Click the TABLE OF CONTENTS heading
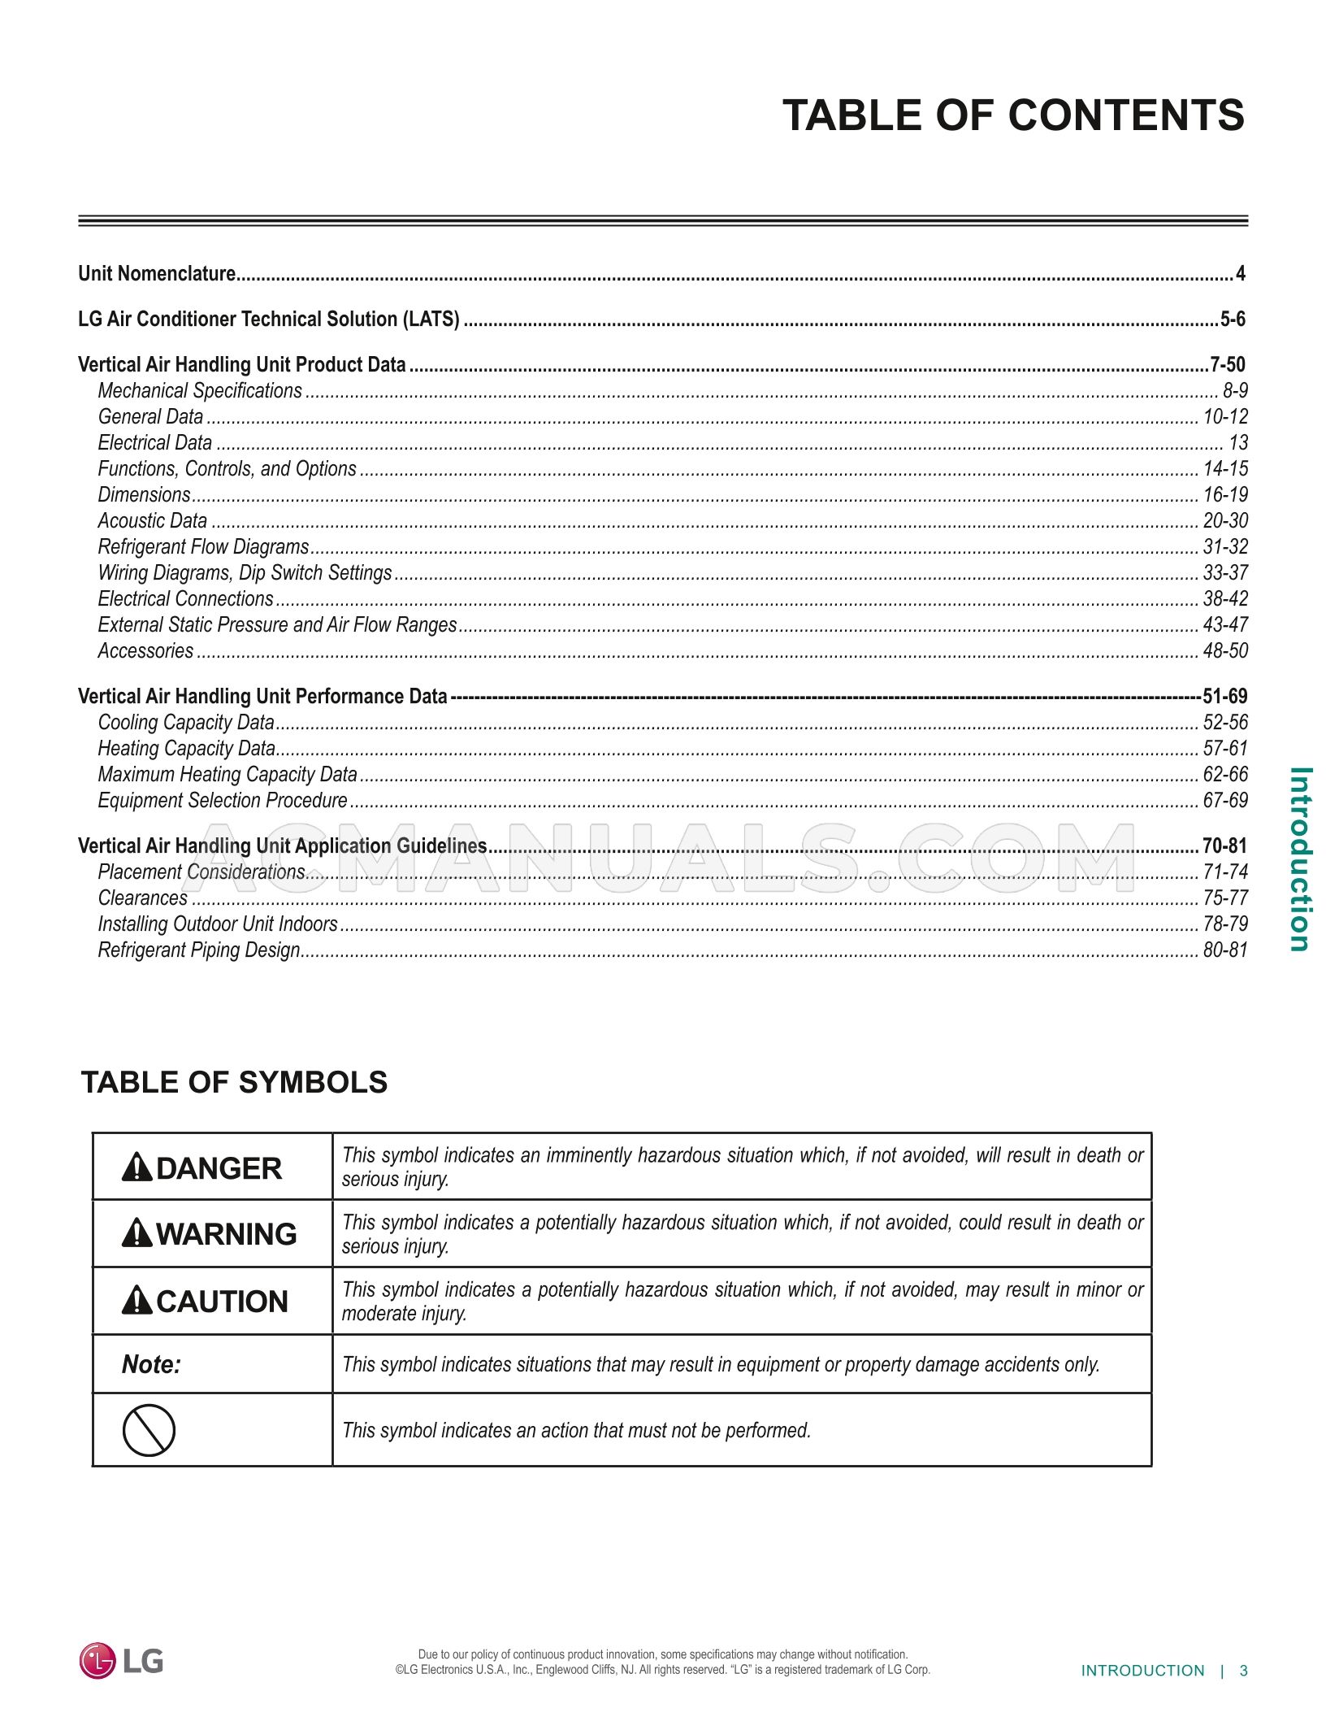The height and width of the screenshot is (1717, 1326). [1012, 115]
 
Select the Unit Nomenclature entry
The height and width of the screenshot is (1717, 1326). [157, 274]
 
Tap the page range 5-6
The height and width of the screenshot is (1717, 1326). [1232, 319]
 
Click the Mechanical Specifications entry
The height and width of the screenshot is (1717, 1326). [200, 391]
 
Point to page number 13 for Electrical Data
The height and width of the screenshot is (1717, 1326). [1237, 443]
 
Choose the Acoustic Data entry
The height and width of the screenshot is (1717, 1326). [152, 521]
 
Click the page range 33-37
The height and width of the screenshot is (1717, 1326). [1224, 573]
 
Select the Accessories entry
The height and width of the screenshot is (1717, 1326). [145, 651]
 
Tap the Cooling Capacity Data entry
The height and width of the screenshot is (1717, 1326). [186, 723]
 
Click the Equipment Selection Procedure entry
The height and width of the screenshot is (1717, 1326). [222, 801]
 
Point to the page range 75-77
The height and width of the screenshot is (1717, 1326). [1224, 898]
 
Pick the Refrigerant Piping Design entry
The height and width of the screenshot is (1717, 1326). [199, 950]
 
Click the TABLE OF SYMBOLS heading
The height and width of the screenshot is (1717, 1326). [234, 1083]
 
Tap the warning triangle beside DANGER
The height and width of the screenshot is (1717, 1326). [136, 1168]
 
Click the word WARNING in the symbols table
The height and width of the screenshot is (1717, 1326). [226, 1234]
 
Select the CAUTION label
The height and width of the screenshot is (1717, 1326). [221, 1302]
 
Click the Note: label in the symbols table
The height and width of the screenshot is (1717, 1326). [151, 1364]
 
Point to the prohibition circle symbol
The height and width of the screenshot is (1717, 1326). [149, 1430]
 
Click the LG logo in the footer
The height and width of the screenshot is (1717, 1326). [121, 1660]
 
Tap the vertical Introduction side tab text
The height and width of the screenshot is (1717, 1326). [1300, 858]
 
